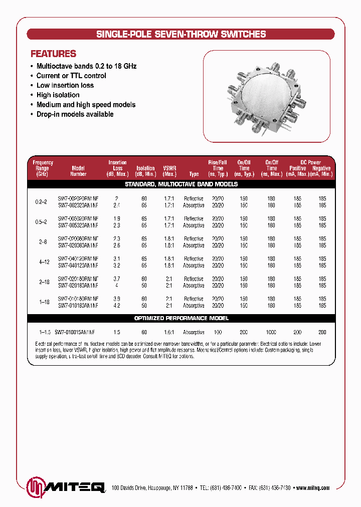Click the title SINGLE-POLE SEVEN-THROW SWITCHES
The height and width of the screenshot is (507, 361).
pos(180,35)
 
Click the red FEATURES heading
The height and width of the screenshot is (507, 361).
pos(54,54)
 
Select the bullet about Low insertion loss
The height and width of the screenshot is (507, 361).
pos(65,85)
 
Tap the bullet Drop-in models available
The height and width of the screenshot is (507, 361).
pos(75,114)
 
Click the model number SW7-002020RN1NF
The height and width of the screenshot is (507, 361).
pos(78,199)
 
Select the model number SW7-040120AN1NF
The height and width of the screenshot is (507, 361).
pos(78,266)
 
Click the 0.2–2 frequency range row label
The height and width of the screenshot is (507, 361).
pos(41,202)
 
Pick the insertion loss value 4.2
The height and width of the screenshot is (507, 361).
pos(116,306)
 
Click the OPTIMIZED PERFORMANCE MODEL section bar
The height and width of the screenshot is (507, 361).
pos(181,318)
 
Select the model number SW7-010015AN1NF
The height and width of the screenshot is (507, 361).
pos(75,332)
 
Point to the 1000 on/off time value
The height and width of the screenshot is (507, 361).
pos(271,332)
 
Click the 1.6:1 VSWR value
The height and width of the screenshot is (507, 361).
pos(169,332)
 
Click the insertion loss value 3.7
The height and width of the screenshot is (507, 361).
pos(116,279)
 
